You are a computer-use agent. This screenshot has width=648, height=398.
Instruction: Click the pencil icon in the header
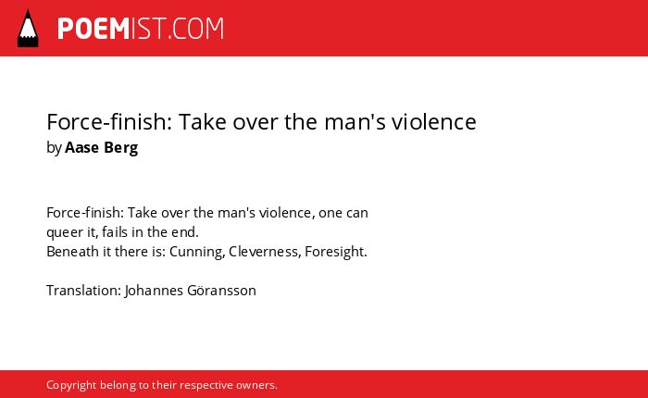[x=28, y=29]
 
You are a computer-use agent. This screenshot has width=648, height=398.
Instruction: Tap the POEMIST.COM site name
[x=141, y=29]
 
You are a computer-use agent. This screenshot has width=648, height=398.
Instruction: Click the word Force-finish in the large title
[x=109, y=121]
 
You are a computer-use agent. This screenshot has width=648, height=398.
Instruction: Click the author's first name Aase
[x=81, y=147]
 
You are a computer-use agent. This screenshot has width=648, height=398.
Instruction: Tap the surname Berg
[x=120, y=148]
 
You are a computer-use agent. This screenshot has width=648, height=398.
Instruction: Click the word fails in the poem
[x=115, y=231]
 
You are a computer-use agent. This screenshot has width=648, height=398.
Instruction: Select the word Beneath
[x=72, y=251]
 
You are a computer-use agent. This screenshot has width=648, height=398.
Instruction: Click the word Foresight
[x=336, y=252]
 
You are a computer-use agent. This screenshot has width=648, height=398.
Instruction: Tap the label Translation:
[x=84, y=290]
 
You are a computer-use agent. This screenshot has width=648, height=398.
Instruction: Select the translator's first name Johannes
[x=154, y=290]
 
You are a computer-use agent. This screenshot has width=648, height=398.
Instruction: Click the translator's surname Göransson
[x=221, y=290]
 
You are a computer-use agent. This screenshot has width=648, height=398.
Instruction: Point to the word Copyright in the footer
[x=71, y=385]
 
